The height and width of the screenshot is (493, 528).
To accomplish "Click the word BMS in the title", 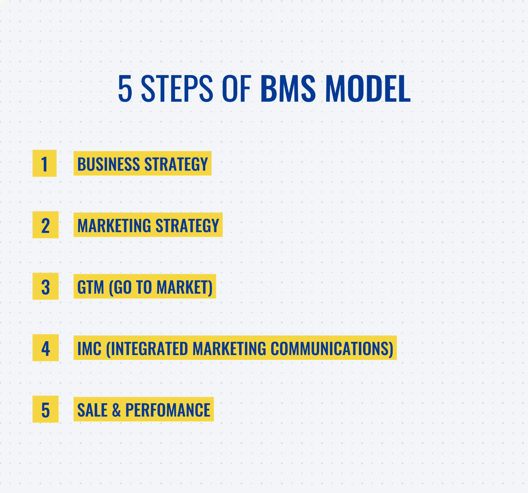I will (288, 89).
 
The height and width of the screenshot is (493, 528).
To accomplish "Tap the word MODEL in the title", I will (368, 89).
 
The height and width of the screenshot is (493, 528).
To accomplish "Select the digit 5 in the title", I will (125, 89).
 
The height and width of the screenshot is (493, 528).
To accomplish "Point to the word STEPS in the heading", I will (177, 89).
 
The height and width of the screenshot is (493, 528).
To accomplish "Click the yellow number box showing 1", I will (44, 163).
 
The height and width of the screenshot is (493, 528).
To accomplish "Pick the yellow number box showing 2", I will (45, 225).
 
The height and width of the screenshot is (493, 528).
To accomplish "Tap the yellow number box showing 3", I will (45, 286).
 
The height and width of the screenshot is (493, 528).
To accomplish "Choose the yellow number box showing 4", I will (45, 348).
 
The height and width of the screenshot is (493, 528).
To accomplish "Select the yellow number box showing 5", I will (45, 409).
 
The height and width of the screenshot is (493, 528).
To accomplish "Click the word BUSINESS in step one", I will (108, 164).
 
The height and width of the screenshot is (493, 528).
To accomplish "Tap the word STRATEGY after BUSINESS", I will (176, 164).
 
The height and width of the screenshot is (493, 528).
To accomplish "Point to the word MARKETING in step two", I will (114, 226).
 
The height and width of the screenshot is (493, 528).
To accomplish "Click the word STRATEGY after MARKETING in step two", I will (187, 226).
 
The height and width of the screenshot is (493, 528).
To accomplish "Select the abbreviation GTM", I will (90, 287).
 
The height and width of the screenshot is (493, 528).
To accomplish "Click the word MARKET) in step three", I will (184, 287).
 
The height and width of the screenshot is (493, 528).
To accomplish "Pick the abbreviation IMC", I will (89, 349).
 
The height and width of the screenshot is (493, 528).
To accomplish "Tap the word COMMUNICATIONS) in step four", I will (332, 349).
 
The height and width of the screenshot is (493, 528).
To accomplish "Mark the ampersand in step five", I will (116, 410).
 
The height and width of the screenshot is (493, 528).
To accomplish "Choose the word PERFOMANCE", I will (168, 410).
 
